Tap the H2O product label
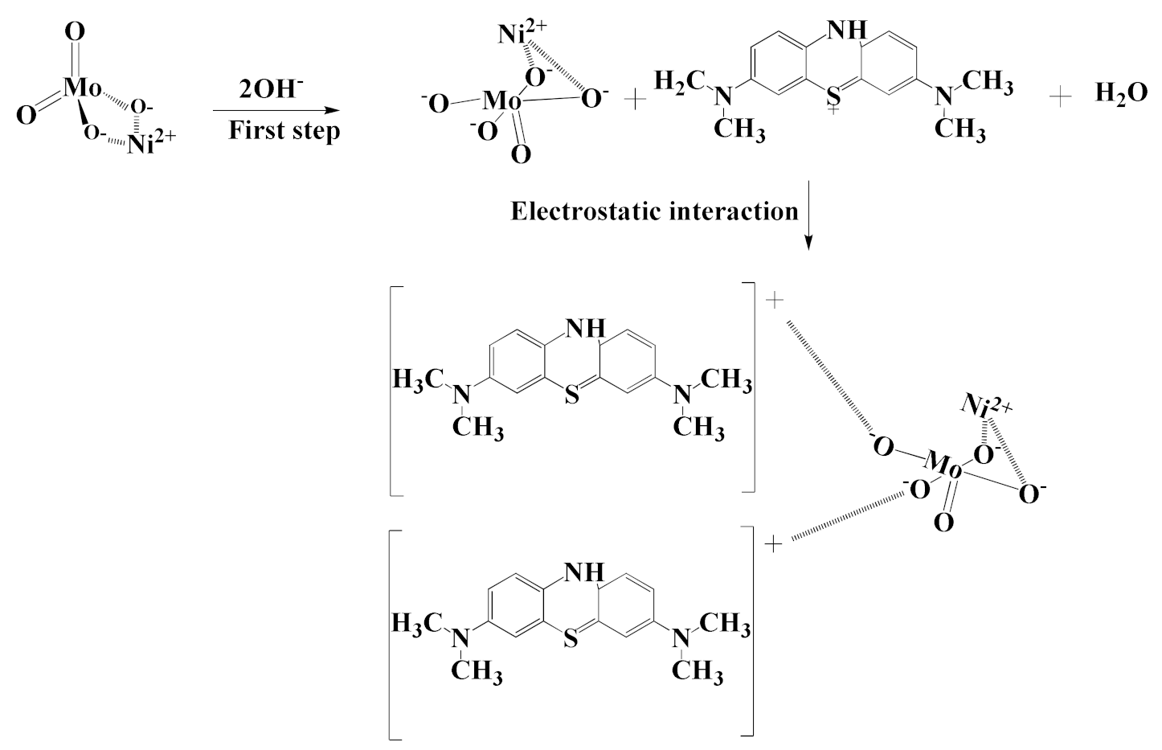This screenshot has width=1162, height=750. [x=1121, y=94]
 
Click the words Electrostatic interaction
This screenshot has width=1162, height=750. [x=655, y=211]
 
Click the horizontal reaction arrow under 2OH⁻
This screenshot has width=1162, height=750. [x=273, y=110]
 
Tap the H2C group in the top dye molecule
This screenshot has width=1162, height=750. [x=679, y=80]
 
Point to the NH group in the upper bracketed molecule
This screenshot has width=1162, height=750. [x=584, y=327]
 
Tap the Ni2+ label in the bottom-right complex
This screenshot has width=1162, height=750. [x=986, y=405]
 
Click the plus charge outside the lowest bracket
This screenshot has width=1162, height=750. [x=773, y=545]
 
